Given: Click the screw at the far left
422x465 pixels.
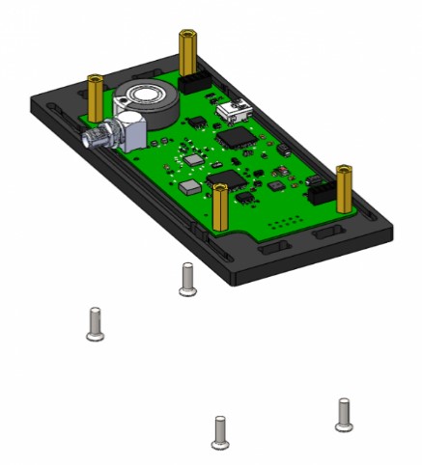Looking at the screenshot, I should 94,323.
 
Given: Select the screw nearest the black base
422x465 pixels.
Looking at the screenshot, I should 188,278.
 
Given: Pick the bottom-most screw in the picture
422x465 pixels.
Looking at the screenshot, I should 220,431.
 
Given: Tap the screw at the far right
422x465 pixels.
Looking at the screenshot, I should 343,414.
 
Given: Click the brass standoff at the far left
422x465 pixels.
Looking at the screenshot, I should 96,96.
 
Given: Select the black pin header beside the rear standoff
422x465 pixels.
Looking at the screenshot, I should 199,82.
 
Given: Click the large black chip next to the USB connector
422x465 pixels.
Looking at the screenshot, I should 234,138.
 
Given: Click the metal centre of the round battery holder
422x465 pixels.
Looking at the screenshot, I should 151,96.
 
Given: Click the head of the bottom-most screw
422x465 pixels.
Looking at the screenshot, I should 220,444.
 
